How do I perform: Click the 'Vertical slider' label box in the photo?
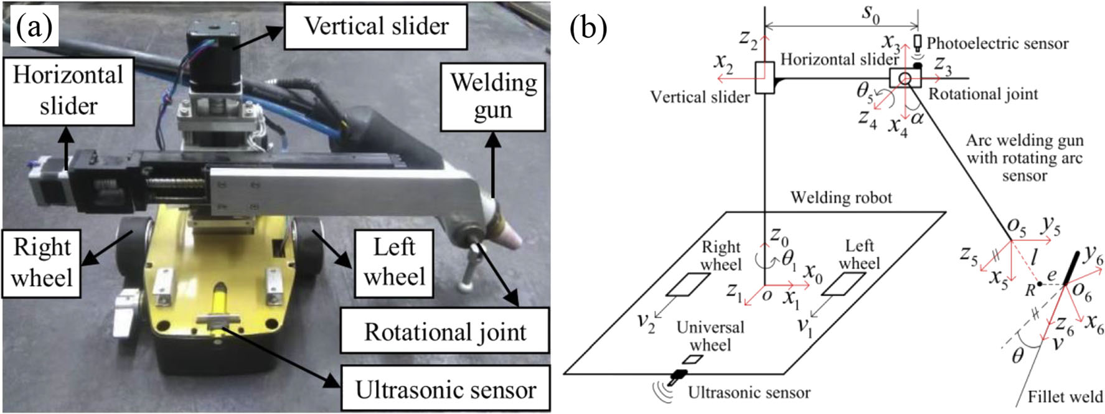coord(375,27)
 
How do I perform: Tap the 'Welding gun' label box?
coord(493,96)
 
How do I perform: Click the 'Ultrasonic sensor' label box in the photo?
coord(445,390)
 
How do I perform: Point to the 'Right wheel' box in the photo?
coord(42,262)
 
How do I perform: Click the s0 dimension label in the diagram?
coord(871,14)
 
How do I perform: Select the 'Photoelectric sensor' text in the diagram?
coord(997,44)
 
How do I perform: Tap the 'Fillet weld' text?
coord(1065,397)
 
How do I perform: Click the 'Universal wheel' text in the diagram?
coord(710,336)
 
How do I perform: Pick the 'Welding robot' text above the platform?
coord(841,198)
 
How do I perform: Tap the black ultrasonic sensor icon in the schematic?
coord(677,375)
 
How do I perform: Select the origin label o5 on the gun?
coord(1016,227)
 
